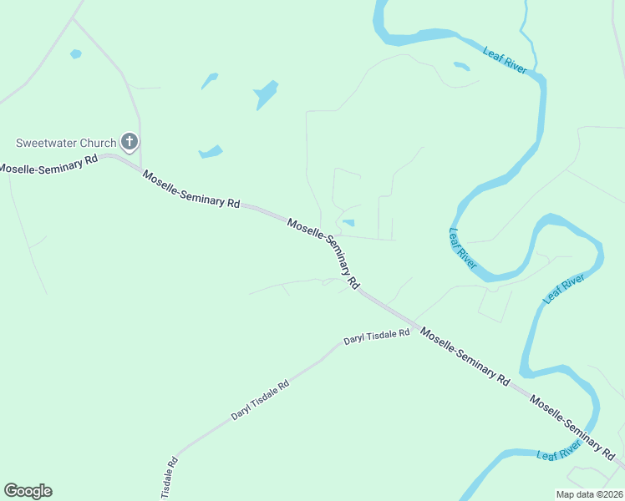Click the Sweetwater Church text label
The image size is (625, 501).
point(66,143)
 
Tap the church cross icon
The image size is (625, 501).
point(129,142)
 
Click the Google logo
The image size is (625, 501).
point(28,491)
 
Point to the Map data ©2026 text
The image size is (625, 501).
point(589,494)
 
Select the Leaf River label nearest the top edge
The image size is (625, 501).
point(505,60)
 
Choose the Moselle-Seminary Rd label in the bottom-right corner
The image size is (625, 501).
point(572,427)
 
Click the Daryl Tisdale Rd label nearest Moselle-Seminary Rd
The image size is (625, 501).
point(376,337)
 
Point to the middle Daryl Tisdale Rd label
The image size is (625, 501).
point(260,400)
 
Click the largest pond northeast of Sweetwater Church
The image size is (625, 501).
point(266,94)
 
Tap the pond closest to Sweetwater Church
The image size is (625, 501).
point(211,152)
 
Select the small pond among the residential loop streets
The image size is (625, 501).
point(348,222)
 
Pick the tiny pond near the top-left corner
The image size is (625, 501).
point(76,54)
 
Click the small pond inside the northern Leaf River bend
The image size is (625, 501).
point(461,65)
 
